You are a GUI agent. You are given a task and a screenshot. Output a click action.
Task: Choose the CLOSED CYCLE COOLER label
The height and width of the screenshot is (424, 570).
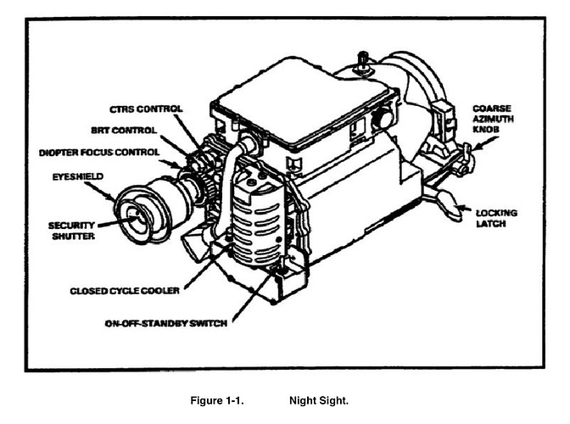point(125,291)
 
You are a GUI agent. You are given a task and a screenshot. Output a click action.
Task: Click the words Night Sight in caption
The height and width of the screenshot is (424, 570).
point(319,398)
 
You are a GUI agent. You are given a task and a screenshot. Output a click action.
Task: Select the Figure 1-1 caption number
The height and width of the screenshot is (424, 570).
point(218,398)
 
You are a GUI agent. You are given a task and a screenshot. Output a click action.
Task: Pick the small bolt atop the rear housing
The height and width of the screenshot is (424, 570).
point(362,59)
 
